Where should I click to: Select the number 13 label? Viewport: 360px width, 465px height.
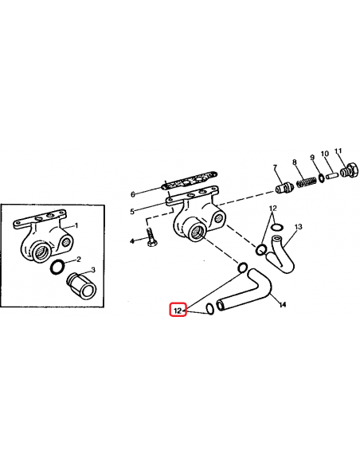tap(299, 228)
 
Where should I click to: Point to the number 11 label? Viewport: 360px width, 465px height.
tap(338, 150)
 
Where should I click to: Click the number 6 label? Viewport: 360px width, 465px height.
tap(134, 193)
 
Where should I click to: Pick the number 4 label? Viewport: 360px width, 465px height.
tap(132, 240)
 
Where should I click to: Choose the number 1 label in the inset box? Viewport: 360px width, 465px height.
tap(76, 226)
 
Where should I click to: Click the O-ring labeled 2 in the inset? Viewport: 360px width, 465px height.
tap(59, 266)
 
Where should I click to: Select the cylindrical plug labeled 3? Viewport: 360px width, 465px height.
tap(80, 283)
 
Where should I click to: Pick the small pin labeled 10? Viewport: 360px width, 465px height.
tap(333, 175)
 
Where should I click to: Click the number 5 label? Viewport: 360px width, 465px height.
tap(134, 211)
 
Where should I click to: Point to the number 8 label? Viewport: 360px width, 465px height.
tap(294, 162)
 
